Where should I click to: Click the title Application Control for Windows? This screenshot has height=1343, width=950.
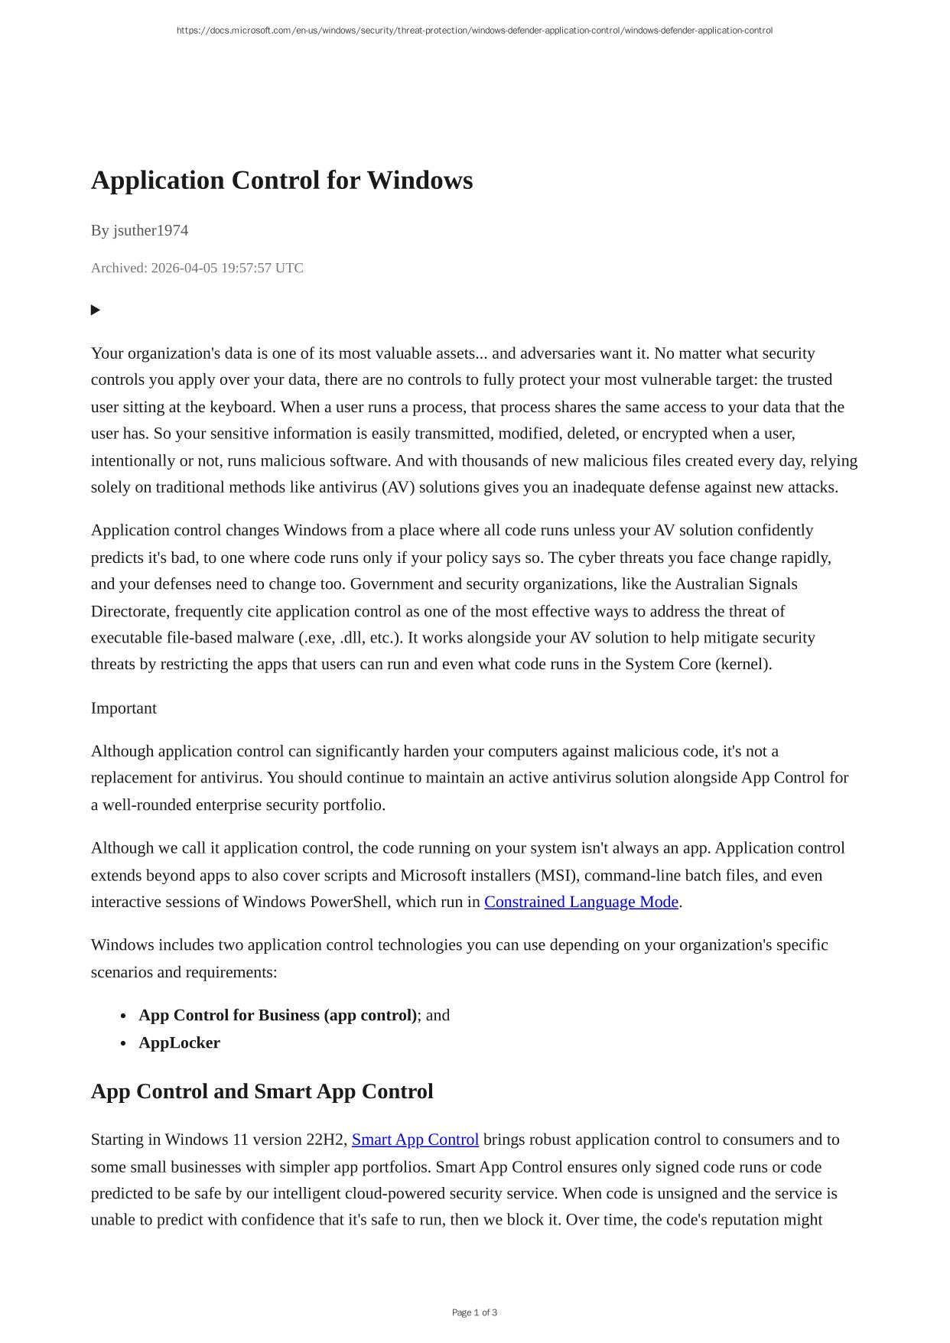tap(281, 180)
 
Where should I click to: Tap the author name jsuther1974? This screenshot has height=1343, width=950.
tap(151, 230)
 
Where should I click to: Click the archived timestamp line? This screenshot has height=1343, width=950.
tap(197, 268)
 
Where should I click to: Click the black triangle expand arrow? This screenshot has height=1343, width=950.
tap(96, 310)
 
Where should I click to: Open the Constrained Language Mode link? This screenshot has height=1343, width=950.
tap(581, 902)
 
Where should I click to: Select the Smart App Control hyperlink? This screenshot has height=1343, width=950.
tap(415, 1140)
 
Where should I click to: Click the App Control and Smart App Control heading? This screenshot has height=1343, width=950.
tap(262, 1091)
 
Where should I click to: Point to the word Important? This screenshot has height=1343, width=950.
tap(123, 708)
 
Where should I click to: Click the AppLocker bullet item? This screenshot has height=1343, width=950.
tap(179, 1043)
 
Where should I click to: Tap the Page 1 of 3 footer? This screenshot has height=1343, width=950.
tap(474, 1312)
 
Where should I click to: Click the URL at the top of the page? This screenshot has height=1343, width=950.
tap(474, 31)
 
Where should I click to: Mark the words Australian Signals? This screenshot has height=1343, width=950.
tap(736, 584)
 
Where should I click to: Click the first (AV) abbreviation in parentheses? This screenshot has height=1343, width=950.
tap(398, 487)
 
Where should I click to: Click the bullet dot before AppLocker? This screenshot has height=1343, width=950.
tap(123, 1043)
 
